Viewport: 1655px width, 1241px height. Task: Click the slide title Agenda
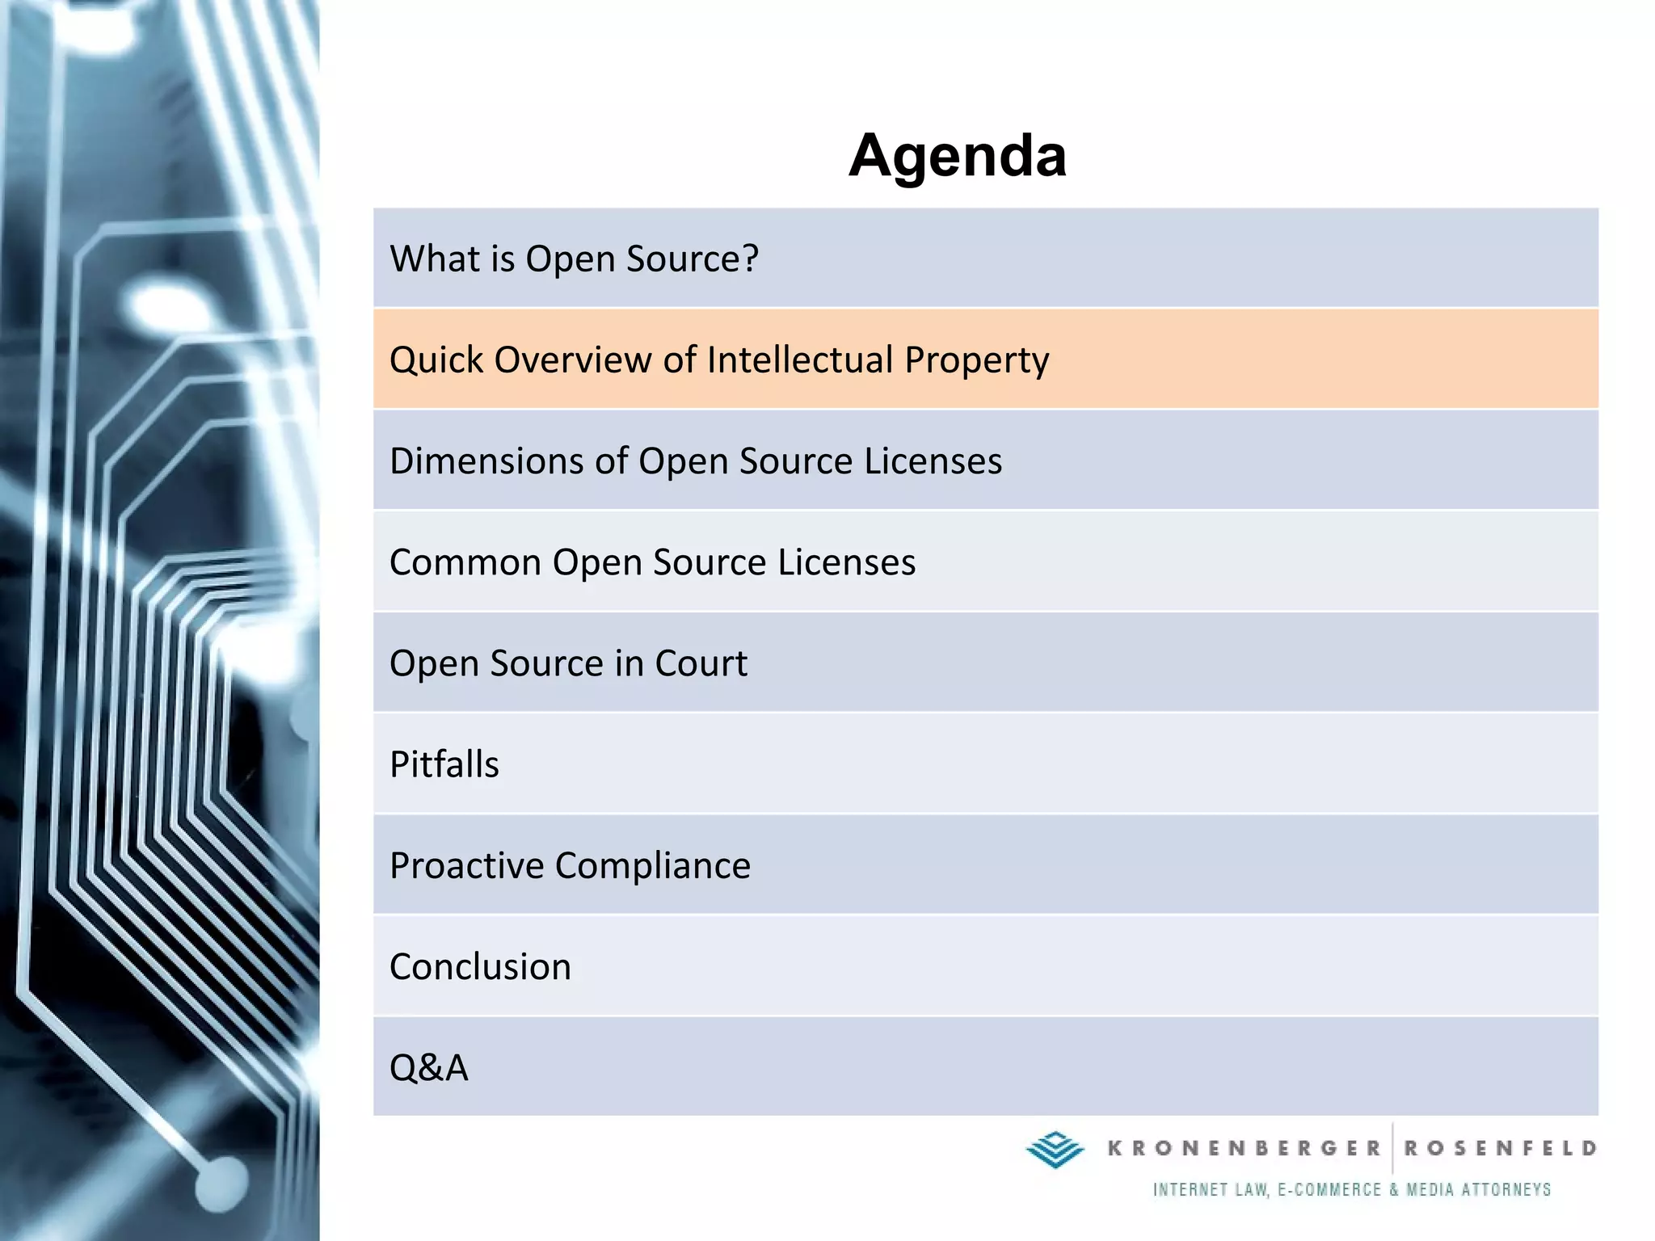pos(958,155)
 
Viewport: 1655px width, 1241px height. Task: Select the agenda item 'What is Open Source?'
pos(574,259)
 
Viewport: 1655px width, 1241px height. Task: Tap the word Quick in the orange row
pos(436,360)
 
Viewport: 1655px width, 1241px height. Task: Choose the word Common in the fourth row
pos(465,562)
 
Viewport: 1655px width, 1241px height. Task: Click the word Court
pos(701,663)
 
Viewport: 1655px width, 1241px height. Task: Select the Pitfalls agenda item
pos(444,764)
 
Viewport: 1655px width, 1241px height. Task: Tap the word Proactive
pos(466,866)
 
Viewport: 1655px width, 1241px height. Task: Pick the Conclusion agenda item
pos(480,967)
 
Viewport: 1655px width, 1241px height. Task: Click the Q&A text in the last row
pos(429,1068)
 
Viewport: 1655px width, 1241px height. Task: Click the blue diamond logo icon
pos(1055,1149)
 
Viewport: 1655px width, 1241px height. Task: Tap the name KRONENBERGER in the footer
pos(1244,1148)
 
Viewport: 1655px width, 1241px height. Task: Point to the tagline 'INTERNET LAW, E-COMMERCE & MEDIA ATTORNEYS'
pos(1352,1189)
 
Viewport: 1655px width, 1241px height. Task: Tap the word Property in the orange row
pos(976,360)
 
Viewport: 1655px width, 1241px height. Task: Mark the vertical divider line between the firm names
pos(1392,1148)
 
